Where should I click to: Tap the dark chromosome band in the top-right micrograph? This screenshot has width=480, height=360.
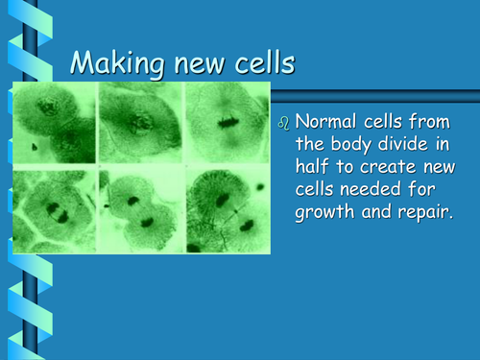227,122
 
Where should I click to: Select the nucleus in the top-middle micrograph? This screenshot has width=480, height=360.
140,122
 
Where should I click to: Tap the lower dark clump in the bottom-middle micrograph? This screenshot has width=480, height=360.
146,222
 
